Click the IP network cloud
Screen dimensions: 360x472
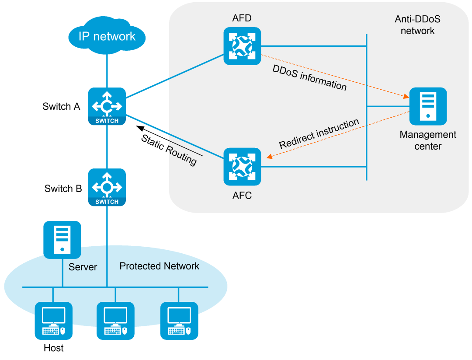tap(107, 36)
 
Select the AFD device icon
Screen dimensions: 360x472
tap(242, 46)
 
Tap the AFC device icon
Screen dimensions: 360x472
tap(242, 166)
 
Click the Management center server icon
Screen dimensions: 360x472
tap(428, 106)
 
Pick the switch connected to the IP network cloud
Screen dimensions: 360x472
tap(107, 106)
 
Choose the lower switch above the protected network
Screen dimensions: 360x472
tap(107, 187)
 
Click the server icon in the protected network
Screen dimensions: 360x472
tap(62, 240)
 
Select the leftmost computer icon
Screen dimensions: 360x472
tap(53, 321)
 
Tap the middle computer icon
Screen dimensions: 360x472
tap(115, 321)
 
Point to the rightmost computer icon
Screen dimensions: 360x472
tap(179, 321)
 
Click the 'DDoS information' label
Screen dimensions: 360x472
tap(309, 78)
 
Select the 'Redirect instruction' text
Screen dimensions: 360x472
tap(319, 133)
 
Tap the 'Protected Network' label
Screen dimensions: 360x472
tap(159, 266)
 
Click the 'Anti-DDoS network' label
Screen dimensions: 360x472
tap(417, 25)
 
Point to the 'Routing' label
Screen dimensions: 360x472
tap(182, 156)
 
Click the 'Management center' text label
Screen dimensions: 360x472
tap(428, 140)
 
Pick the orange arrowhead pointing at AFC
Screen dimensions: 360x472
tap(270, 156)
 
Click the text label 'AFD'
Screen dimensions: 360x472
tap(242, 18)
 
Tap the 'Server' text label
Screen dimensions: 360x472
tap(83, 267)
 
